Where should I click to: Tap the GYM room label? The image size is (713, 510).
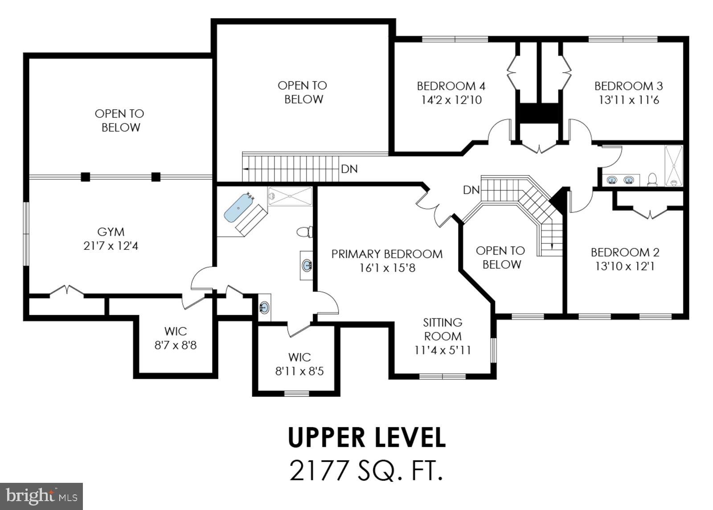(x=111, y=232)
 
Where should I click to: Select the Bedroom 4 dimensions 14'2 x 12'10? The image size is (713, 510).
(x=451, y=100)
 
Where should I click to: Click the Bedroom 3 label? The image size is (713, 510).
(x=628, y=86)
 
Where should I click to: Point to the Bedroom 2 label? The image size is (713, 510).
(x=625, y=252)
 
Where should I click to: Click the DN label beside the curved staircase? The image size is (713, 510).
(x=471, y=190)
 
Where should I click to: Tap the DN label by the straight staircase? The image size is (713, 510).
(x=349, y=169)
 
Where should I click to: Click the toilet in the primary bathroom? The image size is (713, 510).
(x=304, y=232)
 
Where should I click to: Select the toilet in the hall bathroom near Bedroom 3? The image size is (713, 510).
(x=652, y=179)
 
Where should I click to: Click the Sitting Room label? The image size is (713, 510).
(x=443, y=329)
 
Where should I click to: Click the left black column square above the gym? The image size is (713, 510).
(x=85, y=177)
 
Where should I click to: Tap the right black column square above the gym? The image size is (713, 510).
(x=156, y=177)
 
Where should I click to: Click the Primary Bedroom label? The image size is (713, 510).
(x=387, y=254)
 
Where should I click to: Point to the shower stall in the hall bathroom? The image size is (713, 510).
(x=673, y=165)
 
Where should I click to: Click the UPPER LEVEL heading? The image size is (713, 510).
(x=366, y=437)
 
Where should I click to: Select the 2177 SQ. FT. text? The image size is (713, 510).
(x=366, y=470)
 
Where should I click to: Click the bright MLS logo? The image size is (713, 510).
(x=41, y=496)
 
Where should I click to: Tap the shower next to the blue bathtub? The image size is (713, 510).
(x=290, y=196)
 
